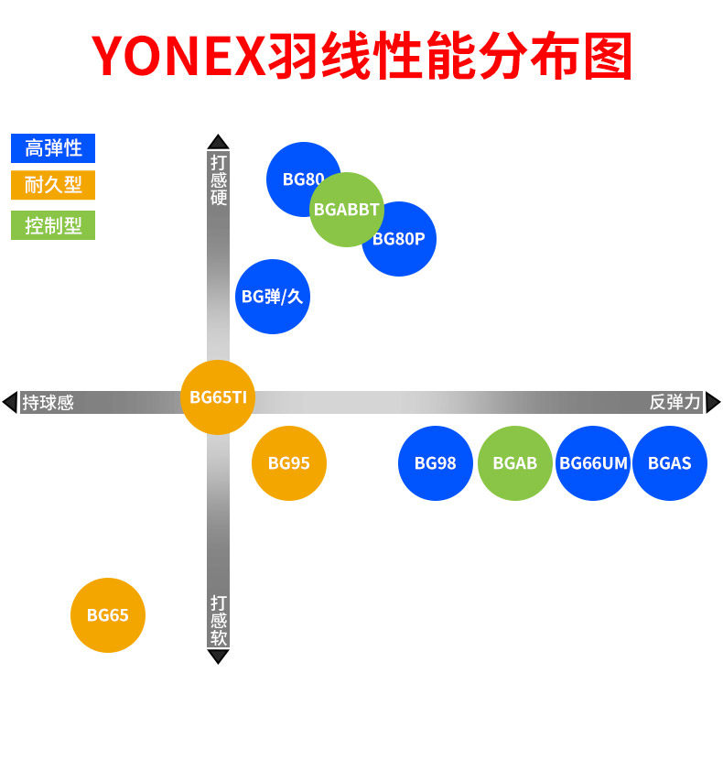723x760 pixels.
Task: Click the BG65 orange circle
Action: pyautogui.click(x=108, y=615)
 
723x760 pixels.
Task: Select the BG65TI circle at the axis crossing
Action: pyautogui.click(x=218, y=397)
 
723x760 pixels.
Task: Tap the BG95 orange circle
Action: pyautogui.click(x=289, y=463)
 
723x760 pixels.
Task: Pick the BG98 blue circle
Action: pyautogui.click(x=436, y=463)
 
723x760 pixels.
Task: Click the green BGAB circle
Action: pyautogui.click(x=515, y=463)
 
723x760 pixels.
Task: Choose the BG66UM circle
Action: pyautogui.click(x=593, y=463)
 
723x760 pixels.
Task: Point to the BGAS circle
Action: pyautogui.click(x=670, y=463)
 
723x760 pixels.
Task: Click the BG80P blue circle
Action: pyautogui.click(x=403, y=243)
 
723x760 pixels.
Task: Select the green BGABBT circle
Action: pyautogui.click(x=347, y=210)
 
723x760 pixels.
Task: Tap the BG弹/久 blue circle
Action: pyautogui.click(x=273, y=297)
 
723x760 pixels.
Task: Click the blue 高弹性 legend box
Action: pyautogui.click(x=53, y=148)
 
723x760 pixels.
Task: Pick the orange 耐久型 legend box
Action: pyautogui.click(x=53, y=185)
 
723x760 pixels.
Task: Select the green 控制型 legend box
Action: pyautogui.click(x=53, y=225)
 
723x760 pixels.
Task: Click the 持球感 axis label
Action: pyautogui.click(x=48, y=402)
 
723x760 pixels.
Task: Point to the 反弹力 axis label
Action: pyautogui.click(x=674, y=402)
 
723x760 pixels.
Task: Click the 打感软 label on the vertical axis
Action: pyautogui.click(x=219, y=620)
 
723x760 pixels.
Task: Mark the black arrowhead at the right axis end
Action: pyautogui.click(x=713, y=402)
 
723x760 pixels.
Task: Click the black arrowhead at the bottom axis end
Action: pyautogui.click(x=218, y=657)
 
